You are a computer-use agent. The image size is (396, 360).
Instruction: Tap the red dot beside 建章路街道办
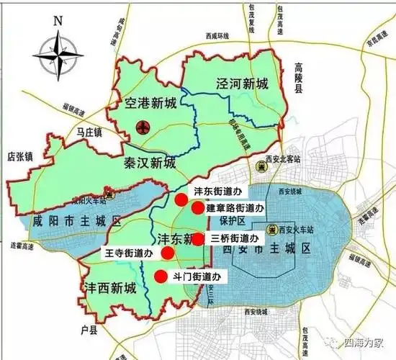coord(197,208)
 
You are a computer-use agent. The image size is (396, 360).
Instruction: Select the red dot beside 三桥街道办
coord(199,239)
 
